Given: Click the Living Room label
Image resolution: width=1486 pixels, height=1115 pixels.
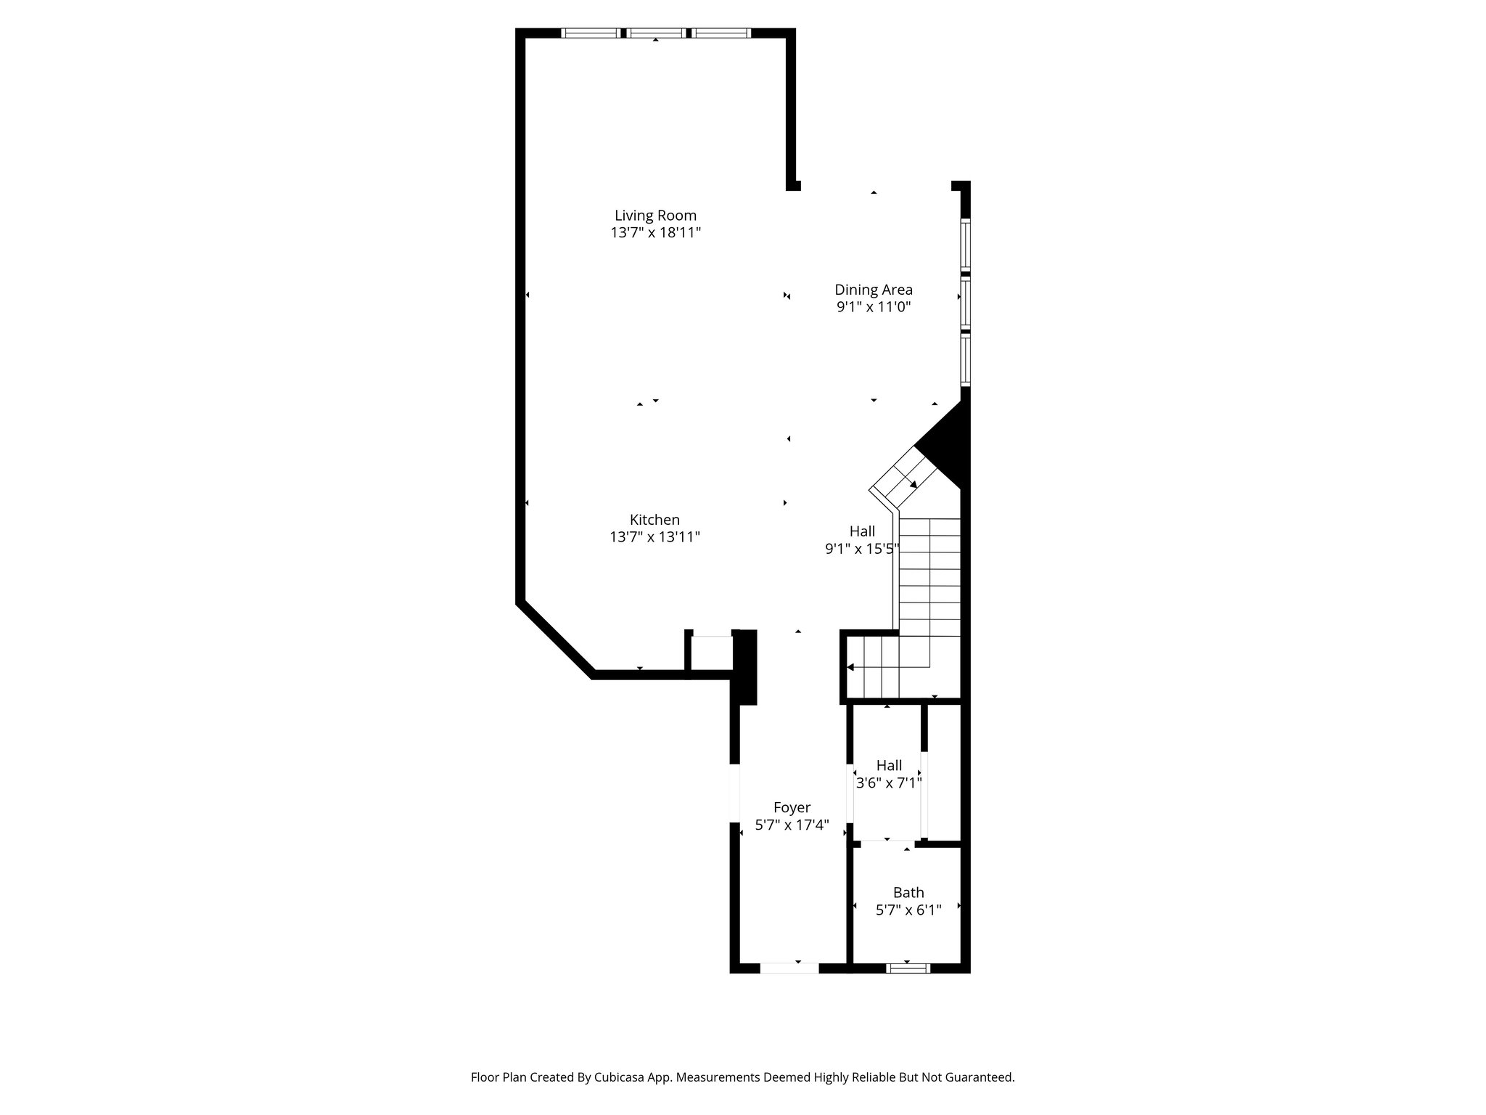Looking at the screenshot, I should click(x=655, y=216).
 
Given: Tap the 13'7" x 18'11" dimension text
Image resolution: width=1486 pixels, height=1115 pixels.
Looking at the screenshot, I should click(x=655, y=233).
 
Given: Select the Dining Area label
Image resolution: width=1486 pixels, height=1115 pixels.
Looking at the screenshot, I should click(x=873, y=290).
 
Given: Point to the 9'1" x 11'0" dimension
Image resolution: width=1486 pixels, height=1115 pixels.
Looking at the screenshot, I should click(x=873, y=307).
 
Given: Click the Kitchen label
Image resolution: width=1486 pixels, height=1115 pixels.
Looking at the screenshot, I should click(x=654, y=520).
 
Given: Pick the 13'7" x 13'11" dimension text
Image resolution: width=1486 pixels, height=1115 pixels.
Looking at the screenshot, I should click(x=654, y=537).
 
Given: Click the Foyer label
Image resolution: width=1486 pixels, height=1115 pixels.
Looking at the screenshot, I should click(x=792, y=807).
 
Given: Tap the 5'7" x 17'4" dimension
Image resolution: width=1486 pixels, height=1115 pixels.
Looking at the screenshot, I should click(x=792, y=825).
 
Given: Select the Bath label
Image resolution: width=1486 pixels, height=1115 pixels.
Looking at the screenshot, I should click(x=908, y=893).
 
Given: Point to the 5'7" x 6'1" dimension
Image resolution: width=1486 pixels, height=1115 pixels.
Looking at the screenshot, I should click(x=908, y=910).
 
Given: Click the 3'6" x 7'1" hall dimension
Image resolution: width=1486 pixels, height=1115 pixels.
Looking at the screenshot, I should click(x=889, y=783).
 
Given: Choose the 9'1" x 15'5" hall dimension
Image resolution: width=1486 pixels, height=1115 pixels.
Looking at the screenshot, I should click(x=862, y=549).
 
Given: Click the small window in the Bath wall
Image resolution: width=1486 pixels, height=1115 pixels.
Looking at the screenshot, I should click(x=908, y=968).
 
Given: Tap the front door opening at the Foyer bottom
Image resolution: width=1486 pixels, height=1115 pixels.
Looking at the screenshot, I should click(x=789, y=968).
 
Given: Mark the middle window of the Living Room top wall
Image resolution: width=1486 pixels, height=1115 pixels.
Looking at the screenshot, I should click(x=656, y=33).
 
